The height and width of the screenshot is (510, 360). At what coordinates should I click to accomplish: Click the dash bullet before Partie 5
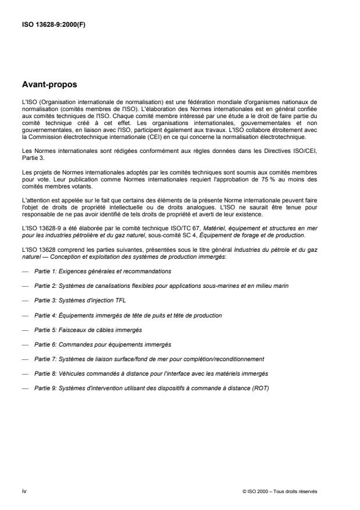24,329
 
